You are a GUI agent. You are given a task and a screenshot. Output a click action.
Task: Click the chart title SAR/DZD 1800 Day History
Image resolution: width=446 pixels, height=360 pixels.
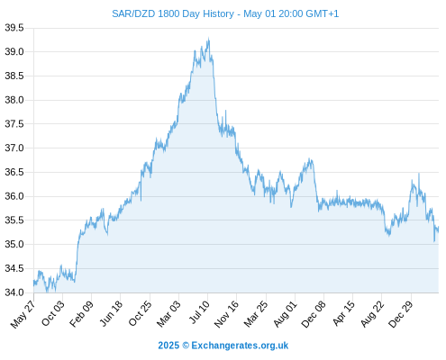click(173, 13)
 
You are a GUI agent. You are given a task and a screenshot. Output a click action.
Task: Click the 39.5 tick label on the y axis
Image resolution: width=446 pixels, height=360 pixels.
click(14, 28)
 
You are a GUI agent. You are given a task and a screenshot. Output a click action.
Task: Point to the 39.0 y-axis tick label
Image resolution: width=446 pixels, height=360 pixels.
click(14, 52)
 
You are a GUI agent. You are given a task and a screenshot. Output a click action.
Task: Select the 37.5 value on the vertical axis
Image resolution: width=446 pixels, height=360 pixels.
click(14, 124)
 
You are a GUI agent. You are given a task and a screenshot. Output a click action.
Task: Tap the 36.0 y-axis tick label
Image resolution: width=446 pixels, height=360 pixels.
click(14, 196)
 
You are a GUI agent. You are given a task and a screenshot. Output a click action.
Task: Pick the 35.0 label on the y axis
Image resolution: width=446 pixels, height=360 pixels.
click(14, 244)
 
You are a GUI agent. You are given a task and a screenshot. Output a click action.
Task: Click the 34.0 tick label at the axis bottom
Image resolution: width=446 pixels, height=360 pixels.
click(14, 292)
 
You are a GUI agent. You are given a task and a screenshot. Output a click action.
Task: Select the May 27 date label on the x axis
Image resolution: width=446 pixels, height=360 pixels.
click(23, 314)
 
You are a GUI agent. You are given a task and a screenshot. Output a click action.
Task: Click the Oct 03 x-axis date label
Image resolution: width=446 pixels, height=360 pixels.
click(52, 313)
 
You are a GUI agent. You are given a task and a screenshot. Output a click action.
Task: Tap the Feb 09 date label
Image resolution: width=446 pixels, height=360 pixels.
click(81, 313)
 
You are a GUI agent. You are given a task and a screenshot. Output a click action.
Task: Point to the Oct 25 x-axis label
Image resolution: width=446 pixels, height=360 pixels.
click(140, 313)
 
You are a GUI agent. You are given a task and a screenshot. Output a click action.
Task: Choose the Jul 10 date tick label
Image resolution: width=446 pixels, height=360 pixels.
click(198, 312)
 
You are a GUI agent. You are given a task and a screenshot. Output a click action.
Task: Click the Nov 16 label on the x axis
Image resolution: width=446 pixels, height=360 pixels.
click(226, 313)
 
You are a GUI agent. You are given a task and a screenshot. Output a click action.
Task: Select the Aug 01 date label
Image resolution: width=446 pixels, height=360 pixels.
click(285, 313)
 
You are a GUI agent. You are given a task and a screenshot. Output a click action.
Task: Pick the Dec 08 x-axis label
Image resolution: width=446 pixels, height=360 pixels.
click(314, 314)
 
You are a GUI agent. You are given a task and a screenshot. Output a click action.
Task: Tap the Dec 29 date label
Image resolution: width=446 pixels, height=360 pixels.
click(400, 314)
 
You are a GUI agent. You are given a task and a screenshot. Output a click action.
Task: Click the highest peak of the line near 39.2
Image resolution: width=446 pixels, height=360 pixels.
click(208, 39)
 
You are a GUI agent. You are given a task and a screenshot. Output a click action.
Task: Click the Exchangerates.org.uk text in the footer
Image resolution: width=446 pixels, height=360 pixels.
click(240, 346)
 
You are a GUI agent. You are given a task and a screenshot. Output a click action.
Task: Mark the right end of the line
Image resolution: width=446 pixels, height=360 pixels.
click(438, 228)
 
